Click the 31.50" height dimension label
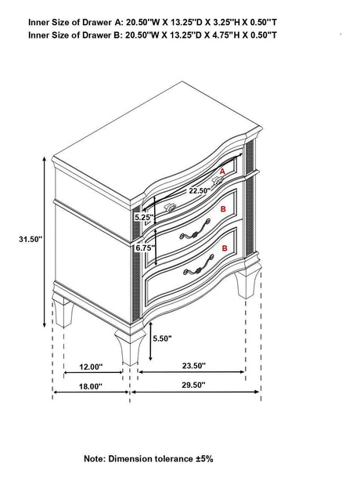pyautogui.click(x=30, y=239)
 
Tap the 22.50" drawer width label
pyautogui.click(x=200, y=190)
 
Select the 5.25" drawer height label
pyautogui.click(x=144, y=218)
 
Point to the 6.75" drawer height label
pyautogui.click(x=144, y=248)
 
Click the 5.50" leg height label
pyautogui.click(x=162, y=338)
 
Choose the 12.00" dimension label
pyautogui.click(x=91, y=367)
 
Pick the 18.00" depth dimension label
pyautogui.click(x=90, y=386)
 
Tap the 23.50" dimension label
pyautogui.click(x=194, y=366)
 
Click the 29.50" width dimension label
pyautogui.click(x=193, y=385)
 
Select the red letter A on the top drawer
pyautogui.click(x=222, y=172)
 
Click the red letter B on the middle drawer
pyautogui.click(x=223, y=209)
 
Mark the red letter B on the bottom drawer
pyautogui.click(x=225, y=248)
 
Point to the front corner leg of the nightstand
pyautogui.click(x=130, y=347)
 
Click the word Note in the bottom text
pyautogui.click(x=94, y=459)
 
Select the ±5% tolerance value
pyautogui.click(x=204, y=459)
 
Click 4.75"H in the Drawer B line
pyautogui.click(x=226, y=35)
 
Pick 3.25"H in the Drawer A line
pyautogui.click(x=226, y=22)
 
